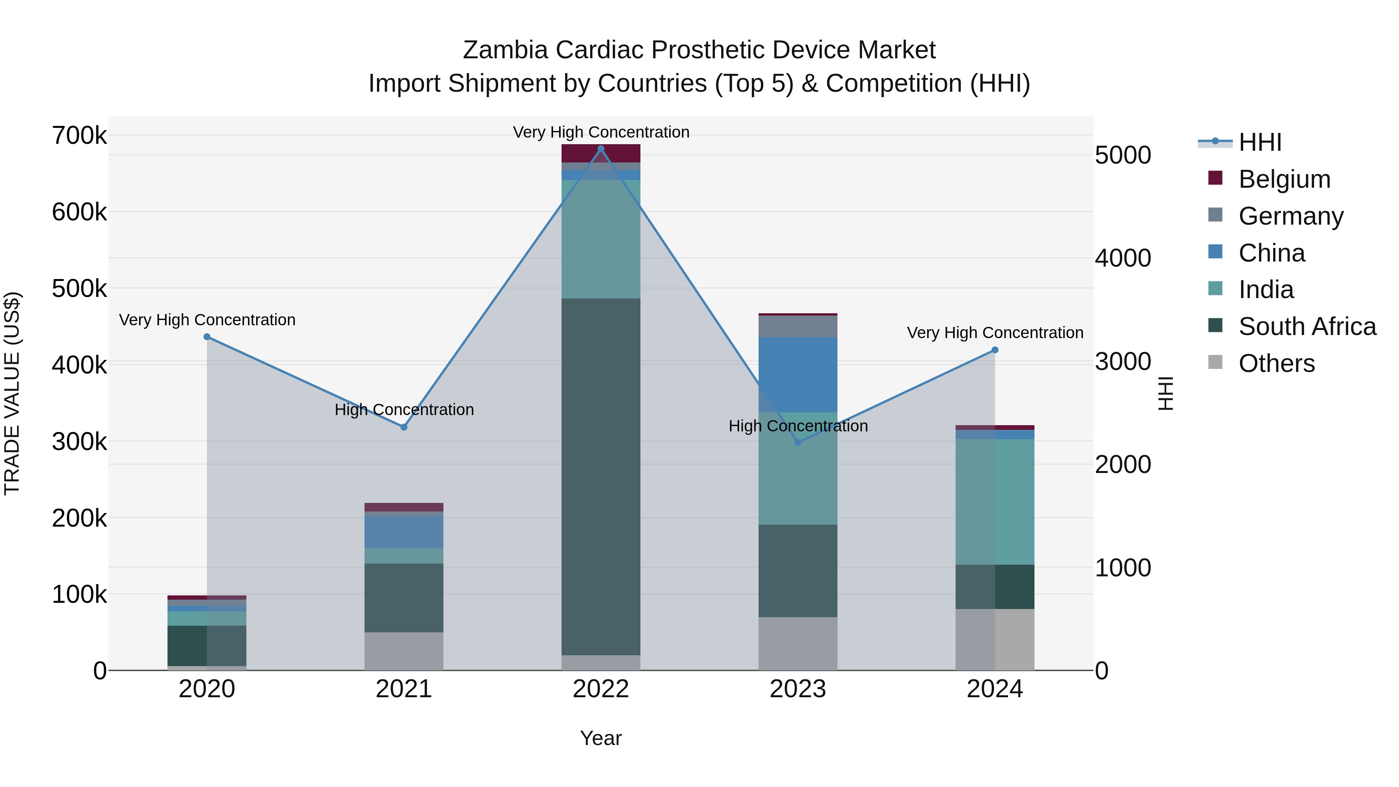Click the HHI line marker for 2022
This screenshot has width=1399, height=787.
[x=601, y=149]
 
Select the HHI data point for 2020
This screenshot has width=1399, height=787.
[x=207, y=337]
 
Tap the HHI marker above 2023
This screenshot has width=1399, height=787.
[x=798, y=443]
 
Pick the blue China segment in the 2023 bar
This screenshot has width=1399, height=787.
[x=798, y=375]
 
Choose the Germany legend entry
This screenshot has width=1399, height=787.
[x=1290, y=216]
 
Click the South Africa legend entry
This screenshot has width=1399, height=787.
[x=1307, y=326]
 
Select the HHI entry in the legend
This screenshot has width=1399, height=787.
[x=1259, y=142]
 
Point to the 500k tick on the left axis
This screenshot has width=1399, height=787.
[x=79, y=288]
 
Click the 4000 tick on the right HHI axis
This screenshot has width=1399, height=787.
[x=1122, y=258]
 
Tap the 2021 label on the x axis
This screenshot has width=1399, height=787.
[x=403, y=689]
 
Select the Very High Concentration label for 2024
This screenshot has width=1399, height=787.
[x=995, y=332]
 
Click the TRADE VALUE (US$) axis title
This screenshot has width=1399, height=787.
[x=12, y=393]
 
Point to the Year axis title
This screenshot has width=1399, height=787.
[x=601, y=738]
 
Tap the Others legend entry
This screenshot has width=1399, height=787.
[x=1276, y=363]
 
